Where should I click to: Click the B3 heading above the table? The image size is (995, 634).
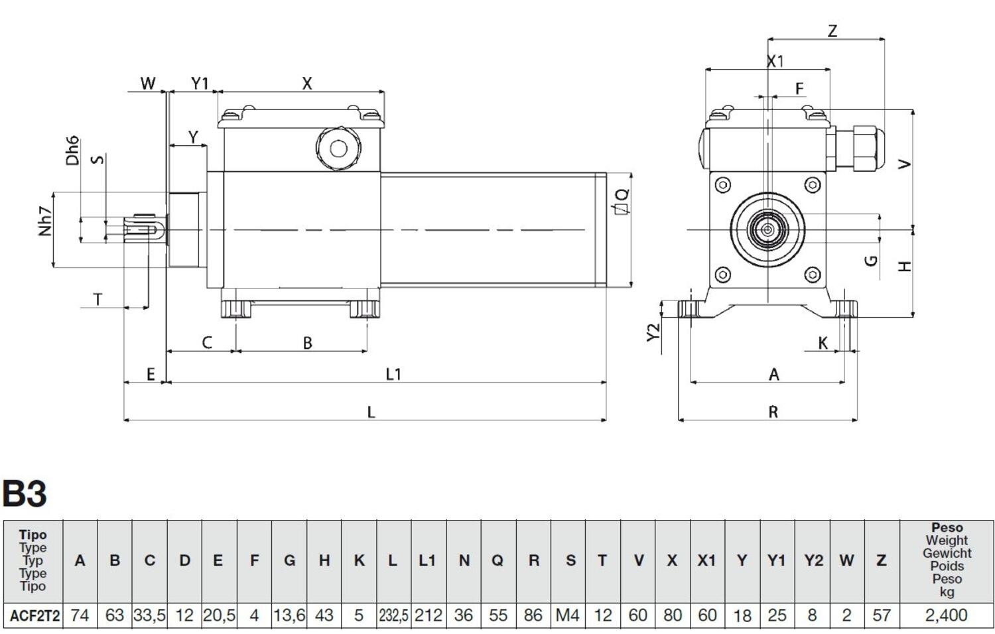(x=25, y=494)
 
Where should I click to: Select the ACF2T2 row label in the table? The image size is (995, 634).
(x=34, y=616)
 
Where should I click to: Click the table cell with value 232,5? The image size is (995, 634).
(x=393, y=616)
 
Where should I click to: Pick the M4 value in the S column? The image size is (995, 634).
(x=568, y=616)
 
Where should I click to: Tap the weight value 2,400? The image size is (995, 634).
(x=946, y=616)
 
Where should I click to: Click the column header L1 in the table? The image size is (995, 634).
(x=428, y=561)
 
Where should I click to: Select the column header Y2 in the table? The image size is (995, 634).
(x=813, y=561)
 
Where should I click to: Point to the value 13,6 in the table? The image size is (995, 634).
(x=289, y=616)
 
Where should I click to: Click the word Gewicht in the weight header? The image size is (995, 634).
(x=947, y=553)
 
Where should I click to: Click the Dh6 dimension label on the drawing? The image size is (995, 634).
(x=72, y=151)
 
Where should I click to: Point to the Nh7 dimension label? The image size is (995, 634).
(x=44, y=221)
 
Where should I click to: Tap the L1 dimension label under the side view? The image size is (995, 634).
(x=393, y=375)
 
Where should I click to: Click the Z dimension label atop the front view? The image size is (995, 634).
(x=832, y=31)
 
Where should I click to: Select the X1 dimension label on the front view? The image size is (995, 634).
(x=775, y=62)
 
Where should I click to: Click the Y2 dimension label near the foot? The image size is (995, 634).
(x=653, y=332)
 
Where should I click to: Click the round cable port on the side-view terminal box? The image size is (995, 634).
(x=338, y=148)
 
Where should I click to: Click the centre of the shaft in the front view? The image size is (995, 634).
(x=767, y=230)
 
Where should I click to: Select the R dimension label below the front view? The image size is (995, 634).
(x=773, y=412)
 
